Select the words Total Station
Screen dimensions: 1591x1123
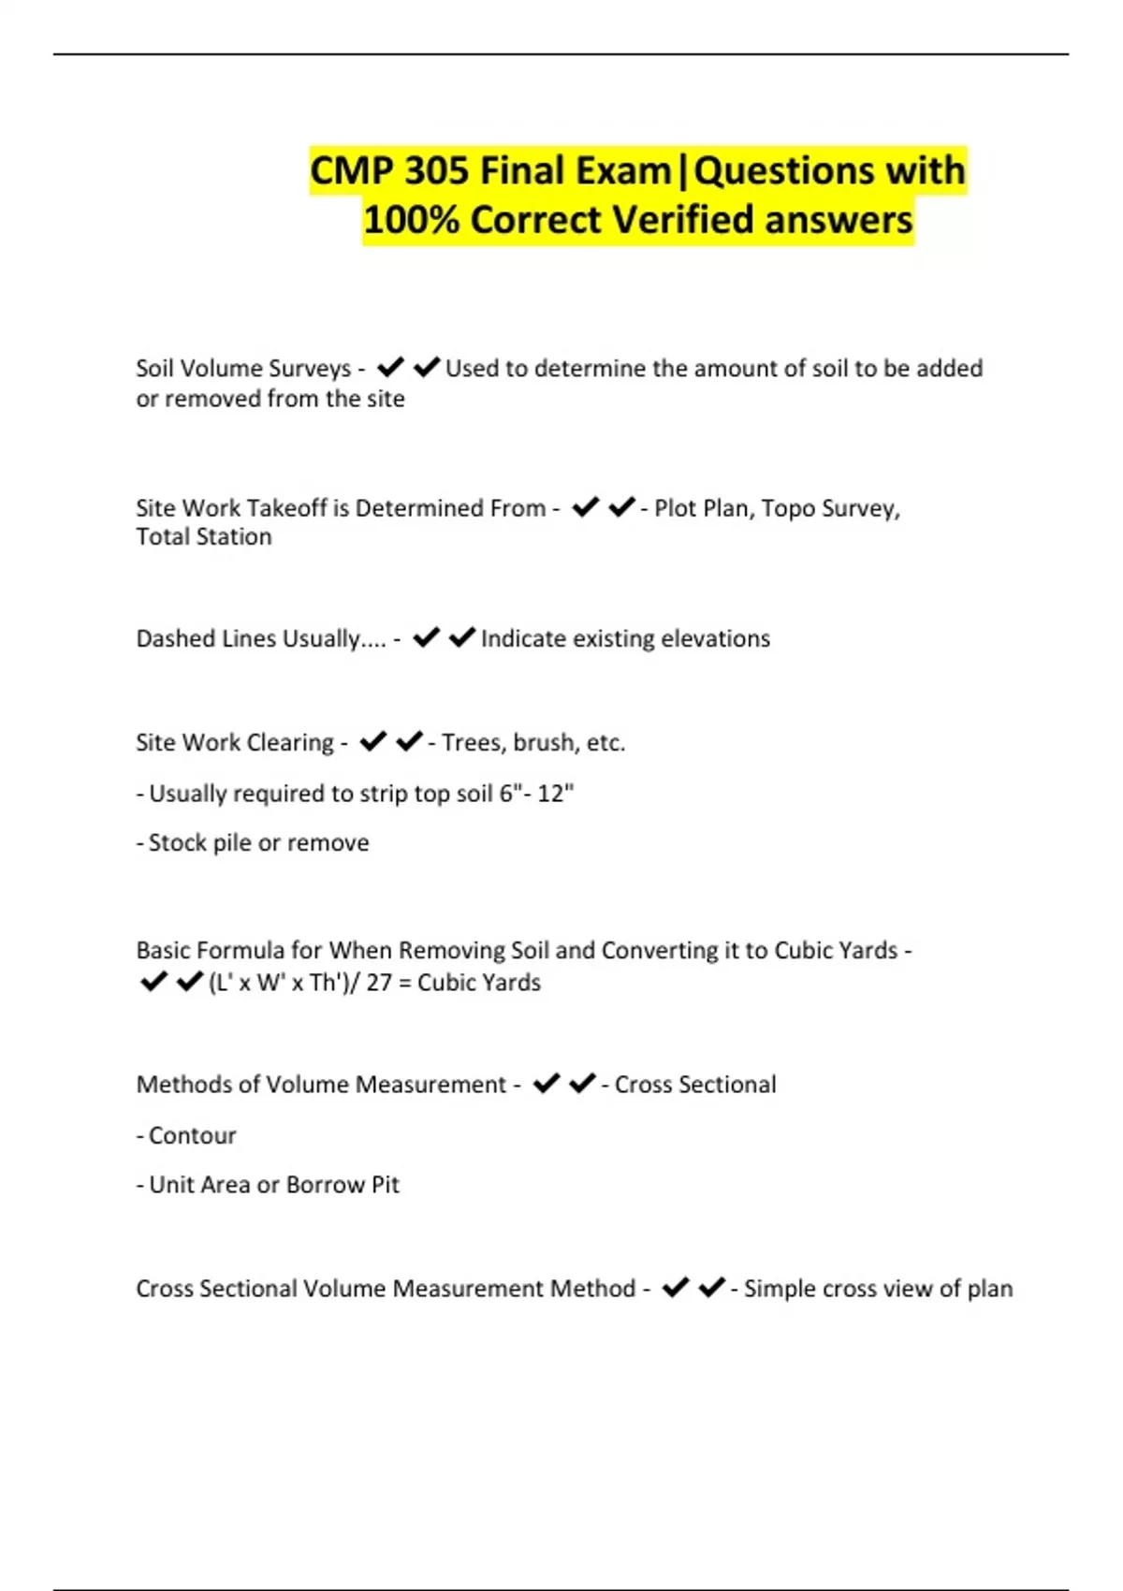coord(204,537)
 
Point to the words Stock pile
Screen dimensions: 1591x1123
coord(200,843)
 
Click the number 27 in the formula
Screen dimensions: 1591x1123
coord(379,983)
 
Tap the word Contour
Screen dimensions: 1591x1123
coord(193,1135)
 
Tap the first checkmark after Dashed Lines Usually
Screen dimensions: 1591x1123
coord(427,638)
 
